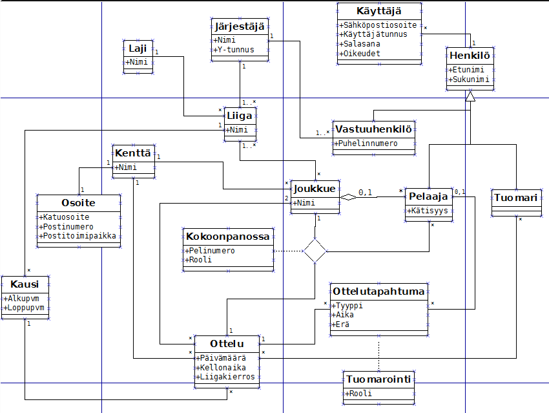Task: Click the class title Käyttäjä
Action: coord(379,11)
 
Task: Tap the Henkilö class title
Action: coord(471,56)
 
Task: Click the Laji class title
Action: coord(138,48)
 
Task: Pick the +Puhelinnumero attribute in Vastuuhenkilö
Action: coord(366,143)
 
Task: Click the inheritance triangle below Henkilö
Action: coord(471,96)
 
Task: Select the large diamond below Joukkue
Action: coord(315,251)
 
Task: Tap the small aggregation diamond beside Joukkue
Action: coord(349,196)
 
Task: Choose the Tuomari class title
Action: coord(515,198)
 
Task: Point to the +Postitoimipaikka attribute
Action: coord(78,236)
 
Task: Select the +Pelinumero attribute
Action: coord(211,250)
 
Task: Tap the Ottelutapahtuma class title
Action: coord(378,291)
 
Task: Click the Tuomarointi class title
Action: coord(378,379)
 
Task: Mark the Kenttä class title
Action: coord(132,153)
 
